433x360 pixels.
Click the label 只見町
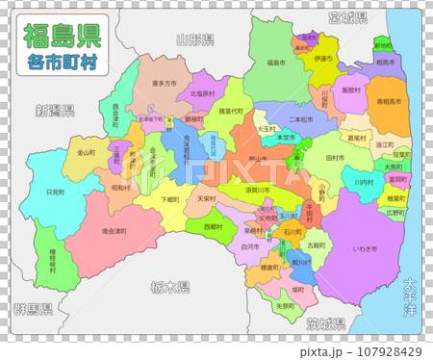(x=56, y=193)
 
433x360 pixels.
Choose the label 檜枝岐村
(x=61, y=260)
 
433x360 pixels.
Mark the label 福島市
(x=277, y=63)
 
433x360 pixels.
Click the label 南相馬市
(x=390, y=100)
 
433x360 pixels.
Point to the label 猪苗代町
(x=232, y=111)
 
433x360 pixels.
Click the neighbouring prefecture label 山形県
(x=195, y=39)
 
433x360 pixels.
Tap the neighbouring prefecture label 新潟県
(x=54, y=110)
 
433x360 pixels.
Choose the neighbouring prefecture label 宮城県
(x=347, y=17)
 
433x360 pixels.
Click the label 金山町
(x=86, y=152)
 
